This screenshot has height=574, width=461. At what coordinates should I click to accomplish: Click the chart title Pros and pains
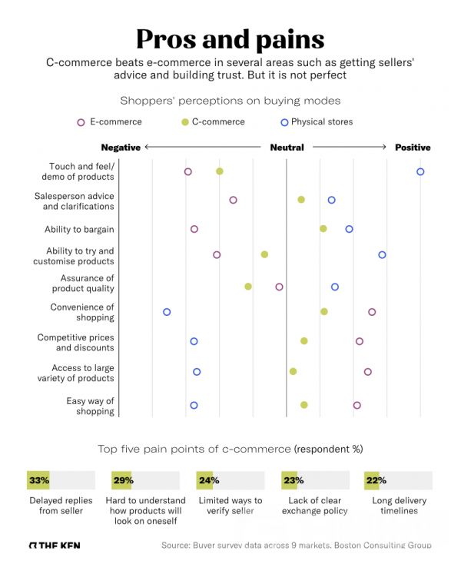tap(230, 38)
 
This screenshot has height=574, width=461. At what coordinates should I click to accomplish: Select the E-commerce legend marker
tap(81, 122)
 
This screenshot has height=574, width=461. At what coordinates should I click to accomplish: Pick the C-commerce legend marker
tap(184, 122)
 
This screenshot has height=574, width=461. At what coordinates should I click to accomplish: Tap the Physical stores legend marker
tap(284, 122)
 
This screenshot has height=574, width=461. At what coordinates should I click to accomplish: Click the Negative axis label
tap(121, 148)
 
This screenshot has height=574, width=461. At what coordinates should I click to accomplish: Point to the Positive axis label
tap(413, 148)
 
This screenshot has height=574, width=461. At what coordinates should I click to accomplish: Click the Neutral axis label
tap(286, 148)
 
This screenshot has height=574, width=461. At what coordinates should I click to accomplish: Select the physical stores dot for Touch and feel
tap(420, 171)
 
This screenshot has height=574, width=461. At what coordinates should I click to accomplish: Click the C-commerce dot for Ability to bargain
tap(323, 228)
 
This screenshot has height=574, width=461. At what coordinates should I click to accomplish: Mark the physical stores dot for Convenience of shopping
tap(167, 312)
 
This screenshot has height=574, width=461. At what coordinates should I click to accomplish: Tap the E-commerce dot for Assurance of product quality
tap(279, 287)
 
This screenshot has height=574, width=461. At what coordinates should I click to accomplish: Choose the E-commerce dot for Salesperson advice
tap(233, 200)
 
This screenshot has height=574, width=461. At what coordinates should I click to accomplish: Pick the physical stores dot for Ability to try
tap(382, 254)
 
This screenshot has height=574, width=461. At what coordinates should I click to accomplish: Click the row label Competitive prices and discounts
tap(75, 343)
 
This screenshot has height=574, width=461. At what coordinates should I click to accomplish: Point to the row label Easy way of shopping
tap(90, 406)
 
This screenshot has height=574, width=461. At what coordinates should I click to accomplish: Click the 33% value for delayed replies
tap(38, 480)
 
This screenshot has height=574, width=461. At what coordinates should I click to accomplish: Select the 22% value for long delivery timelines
tap(376, 480)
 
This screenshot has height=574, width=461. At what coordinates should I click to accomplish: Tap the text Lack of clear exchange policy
tap(315, 506)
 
